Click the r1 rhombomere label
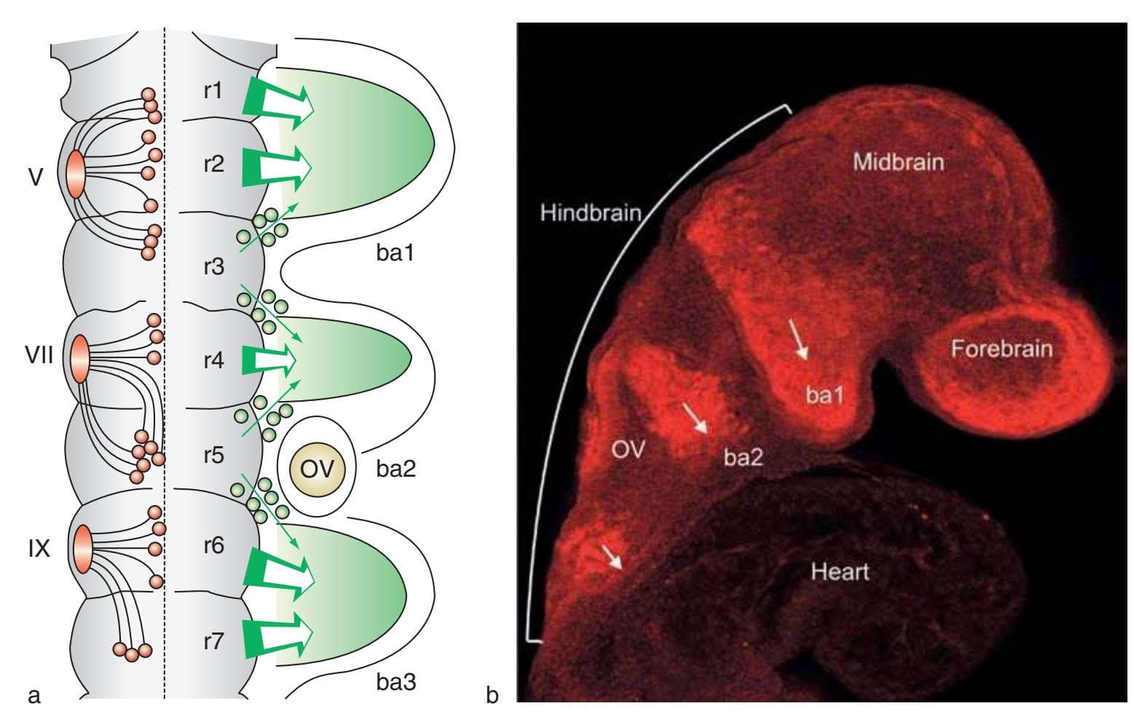[213, 92]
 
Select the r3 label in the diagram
[213, 267]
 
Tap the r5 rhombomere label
[213, 456]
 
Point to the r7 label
[213, 641]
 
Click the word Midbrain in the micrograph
[898, 161]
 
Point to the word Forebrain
[1001, 349]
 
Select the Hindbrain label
[591, 213]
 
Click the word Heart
[840, 571]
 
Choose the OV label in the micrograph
[628, 450]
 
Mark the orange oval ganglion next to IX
[82, 547]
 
